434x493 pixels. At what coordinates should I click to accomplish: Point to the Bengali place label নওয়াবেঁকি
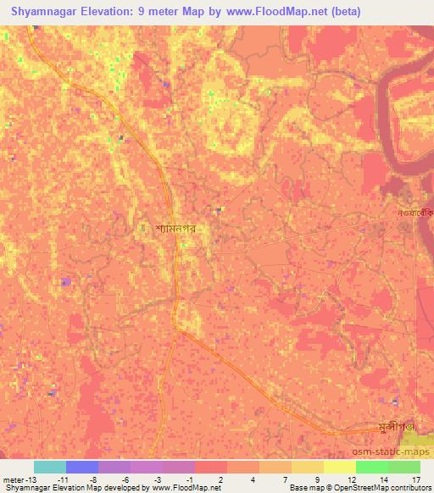click(x=415, y=213)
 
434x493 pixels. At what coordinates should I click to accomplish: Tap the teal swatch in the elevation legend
click(x=50, y=467)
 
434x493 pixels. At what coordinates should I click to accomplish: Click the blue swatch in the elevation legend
click(x=82, y=467)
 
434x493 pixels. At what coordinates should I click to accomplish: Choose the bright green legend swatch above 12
click(x=371, y=467)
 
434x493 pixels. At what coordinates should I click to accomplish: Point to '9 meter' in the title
click(x=167, y=12)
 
